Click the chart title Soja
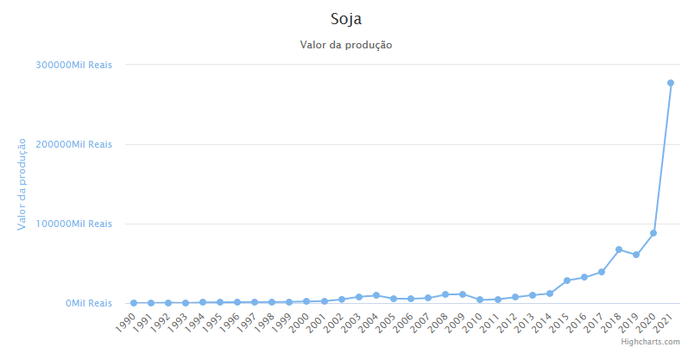tap(346, 18)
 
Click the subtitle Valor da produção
tap(346, 45)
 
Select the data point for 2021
tap(671, 83)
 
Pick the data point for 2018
tap(619, 249)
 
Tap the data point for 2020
tap(653, 233)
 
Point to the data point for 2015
tap(567, 281)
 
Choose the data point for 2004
tap(376, 295)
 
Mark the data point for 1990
tap(134, 303)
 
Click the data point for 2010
tap(480, 300)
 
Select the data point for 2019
tap(636, 255)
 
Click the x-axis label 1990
tap(126, 322)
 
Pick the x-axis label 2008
tap(438, 322)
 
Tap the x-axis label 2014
tap(542, 322)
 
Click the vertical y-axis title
tap(22, 184)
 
